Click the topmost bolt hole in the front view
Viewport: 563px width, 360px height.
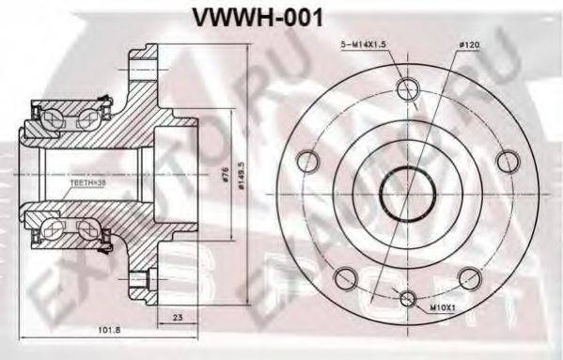coord(407,89)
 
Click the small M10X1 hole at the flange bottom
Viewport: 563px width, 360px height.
coord(407,299)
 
